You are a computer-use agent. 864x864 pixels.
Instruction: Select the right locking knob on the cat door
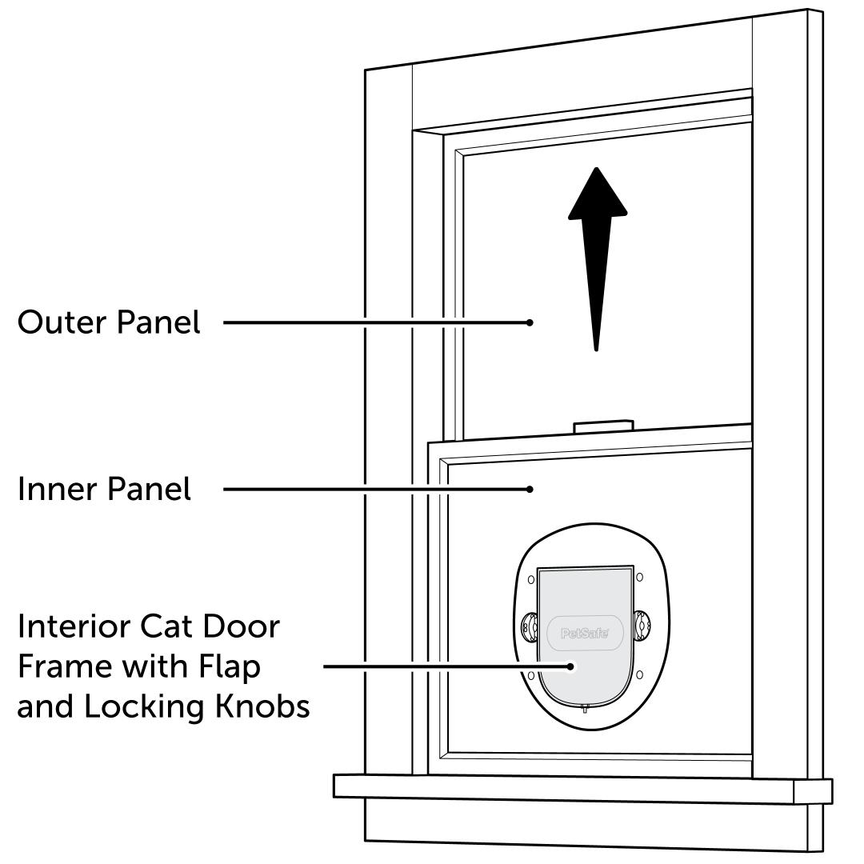642,624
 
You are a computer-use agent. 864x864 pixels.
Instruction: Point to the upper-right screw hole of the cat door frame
638,576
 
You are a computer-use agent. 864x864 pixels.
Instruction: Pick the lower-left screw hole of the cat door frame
530,677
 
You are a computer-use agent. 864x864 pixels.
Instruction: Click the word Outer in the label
59,323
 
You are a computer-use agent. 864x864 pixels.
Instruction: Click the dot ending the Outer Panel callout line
530,322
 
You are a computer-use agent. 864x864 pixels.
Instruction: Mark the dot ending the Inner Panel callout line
530,489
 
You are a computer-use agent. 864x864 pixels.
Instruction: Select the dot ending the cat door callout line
570,666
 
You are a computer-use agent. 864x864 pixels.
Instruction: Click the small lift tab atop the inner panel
604,426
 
